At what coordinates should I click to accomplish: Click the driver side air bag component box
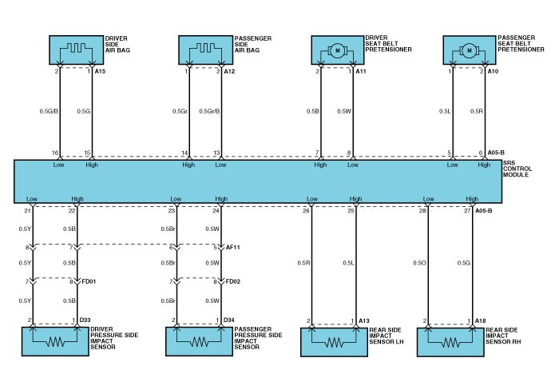coord(77,50)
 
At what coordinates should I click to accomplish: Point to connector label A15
coord(101,72)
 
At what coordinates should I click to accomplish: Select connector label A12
coord(229,72)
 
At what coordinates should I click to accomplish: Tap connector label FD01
coord(88,282)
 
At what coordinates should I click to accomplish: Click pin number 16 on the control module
coord(55,153)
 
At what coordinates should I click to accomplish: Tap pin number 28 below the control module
coord(423,212)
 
